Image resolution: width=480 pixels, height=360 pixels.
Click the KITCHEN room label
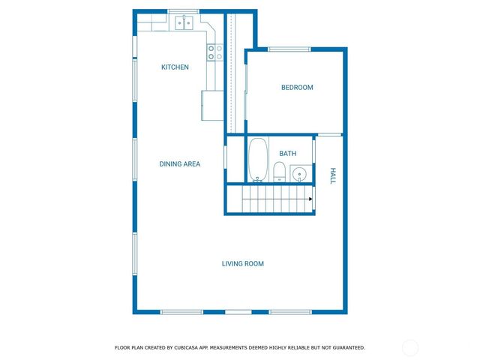click(175, 67)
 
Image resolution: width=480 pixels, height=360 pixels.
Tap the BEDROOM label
click(297, 88)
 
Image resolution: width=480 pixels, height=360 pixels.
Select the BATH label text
click(287, 154)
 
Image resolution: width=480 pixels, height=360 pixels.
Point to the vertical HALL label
click(333, 175)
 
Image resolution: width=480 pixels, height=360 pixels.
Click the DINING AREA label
click(179, 163)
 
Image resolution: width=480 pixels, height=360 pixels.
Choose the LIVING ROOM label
click(242, 264)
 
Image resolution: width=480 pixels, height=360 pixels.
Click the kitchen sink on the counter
click(184, 24)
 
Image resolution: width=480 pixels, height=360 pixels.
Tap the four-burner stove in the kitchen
click(214, 52)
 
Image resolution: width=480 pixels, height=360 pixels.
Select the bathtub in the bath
click(258, 159)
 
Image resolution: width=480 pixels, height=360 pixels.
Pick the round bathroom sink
click(298, 175)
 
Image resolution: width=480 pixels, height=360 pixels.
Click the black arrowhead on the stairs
click(309, 199)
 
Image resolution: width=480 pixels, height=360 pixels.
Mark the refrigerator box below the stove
click(209, 104)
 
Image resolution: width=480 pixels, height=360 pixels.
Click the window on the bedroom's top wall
click(289, 49)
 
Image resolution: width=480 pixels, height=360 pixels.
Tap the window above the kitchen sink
click(183, 11)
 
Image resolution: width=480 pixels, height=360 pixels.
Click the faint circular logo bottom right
click(410, 347)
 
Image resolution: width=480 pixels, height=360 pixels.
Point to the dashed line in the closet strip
click(232, 71)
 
